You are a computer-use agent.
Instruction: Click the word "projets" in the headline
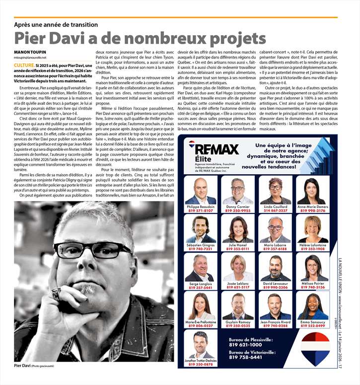pyautogui.click(x=234, y=38)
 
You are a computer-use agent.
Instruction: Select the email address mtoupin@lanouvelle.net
pyautogui.click(x=30, y=58)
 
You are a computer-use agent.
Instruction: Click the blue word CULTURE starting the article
pyautogui.click(x=24, y=65)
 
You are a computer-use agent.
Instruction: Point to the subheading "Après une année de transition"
pyautogui.click(x=56, y=24)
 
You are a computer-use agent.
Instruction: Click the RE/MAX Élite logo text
pyautogui.click(x=216, y=151)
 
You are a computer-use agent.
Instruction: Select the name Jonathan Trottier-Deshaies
pyautogui.click(x=201, y=360)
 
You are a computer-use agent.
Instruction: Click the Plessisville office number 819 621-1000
pyautogui.click(x=246, y=344)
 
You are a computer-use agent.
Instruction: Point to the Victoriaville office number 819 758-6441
pyautogui.click(x=246, y=357)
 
